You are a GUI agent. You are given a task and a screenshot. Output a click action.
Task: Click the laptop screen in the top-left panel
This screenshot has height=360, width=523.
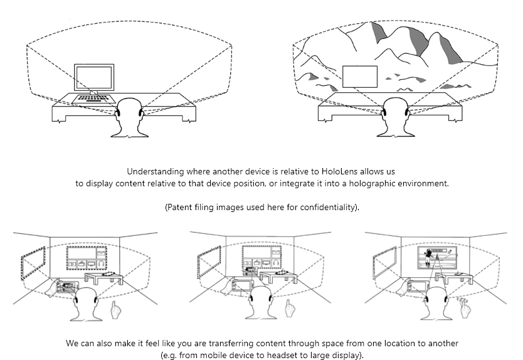[x=93, y=78]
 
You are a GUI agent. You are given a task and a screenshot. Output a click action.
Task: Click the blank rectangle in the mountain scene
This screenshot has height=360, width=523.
[x=360, y=77]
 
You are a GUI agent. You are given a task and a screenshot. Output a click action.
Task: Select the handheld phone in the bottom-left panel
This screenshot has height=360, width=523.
[x=65, y=288]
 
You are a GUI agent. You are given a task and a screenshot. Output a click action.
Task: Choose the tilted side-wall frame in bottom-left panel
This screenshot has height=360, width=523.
[x=33, y=262]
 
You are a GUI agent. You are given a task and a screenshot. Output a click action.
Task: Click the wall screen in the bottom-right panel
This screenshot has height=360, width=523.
[x=440, y=257]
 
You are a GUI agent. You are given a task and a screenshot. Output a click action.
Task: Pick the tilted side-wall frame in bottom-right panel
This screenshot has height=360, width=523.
[x=384, y=262]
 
